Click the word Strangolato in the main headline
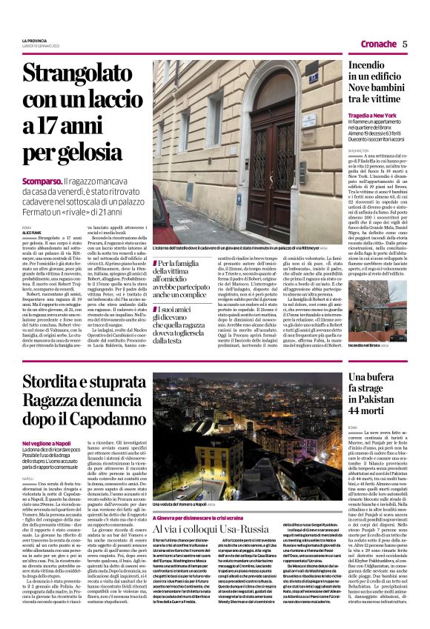pyautogui.click(x=75, y=74)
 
